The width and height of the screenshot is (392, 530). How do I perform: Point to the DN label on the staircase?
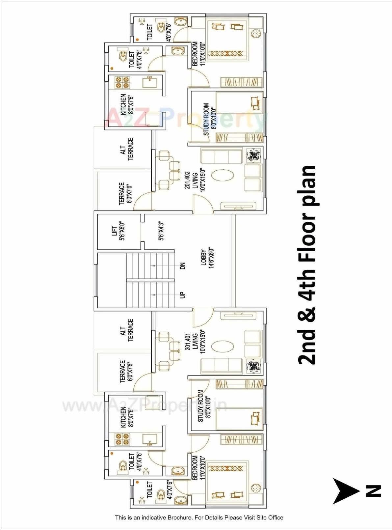tap(183, 265)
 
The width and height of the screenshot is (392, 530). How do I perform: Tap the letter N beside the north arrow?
tap(373, 491)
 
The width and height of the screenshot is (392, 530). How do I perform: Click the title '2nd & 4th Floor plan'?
tap(306, 265)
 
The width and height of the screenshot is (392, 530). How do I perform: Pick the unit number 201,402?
tap(187, 180)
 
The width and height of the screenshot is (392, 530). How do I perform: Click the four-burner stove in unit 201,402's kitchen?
tap(122, 83)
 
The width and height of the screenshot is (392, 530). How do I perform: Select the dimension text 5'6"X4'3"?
tap(161, 231)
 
